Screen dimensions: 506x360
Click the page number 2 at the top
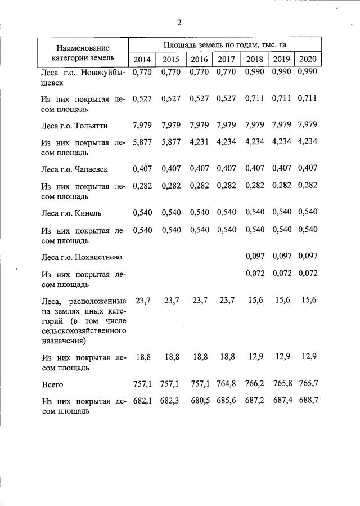tap(179, 23)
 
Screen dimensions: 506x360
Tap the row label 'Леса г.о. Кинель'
tap(71, 212)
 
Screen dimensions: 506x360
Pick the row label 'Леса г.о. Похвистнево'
tap(82, 256)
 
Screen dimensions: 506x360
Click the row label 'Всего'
tap(52, 384)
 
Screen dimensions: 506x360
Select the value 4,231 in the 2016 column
tap(199, 141)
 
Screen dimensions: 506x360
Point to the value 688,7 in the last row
tap(308, 401)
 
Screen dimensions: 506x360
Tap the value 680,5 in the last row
tap(199, 401)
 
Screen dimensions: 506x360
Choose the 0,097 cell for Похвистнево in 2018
tap(255, 256)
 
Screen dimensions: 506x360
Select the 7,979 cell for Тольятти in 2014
tap(142, 125)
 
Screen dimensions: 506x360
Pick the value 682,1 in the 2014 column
tap(142, 401)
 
